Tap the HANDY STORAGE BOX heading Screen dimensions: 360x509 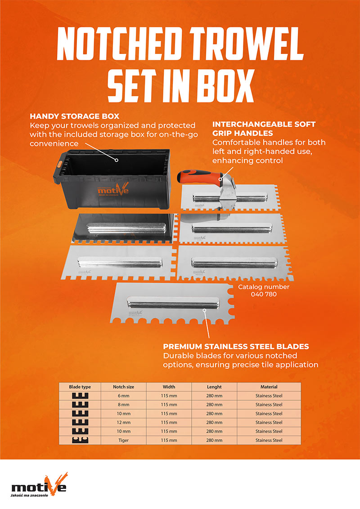(x=74, y=116)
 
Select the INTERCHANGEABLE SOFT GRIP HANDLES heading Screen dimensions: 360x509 (x=264, y=129)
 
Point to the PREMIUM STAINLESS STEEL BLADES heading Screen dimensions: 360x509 (x=236, y=346)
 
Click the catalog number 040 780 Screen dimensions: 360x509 (x=264, y=294)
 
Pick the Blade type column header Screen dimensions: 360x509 (x=80, y=387)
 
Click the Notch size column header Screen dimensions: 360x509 (x=123, y=387)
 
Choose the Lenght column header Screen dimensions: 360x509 (x=214, y=387)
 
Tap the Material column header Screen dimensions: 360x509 (x=269, y=387)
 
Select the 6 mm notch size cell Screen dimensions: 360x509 (x=123, y=396)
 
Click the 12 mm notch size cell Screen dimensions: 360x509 (x=123, y=422)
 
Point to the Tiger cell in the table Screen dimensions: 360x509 (x=123, y=440)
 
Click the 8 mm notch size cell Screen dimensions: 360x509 (x=123, y=405)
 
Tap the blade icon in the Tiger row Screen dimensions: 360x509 (x=80, y=440)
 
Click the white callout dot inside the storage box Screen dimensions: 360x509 (x=117, y=160)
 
